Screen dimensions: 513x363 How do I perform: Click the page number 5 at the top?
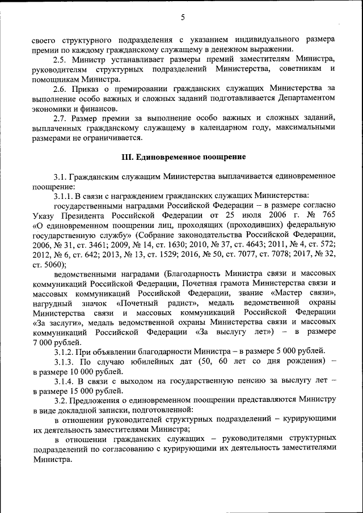(x=183, y=18)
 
